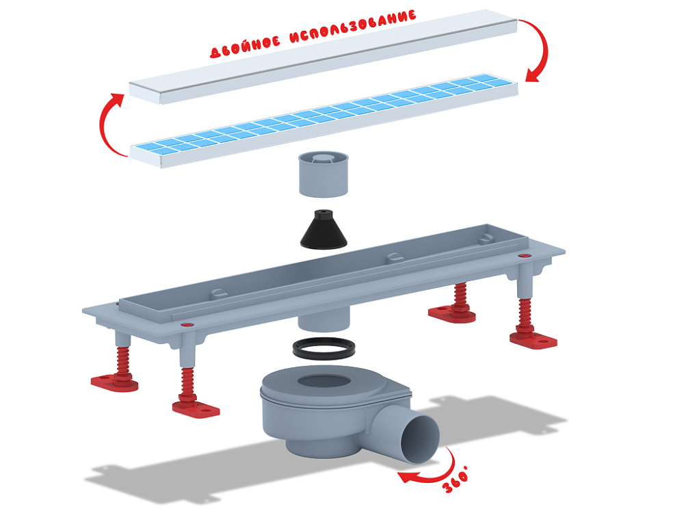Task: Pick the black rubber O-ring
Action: pyautogui.click(x=324, y=348)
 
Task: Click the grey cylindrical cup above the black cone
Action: pyautogui.click(x=324, y=174)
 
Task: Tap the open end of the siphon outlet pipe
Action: pyautogui.click(x=421, y=438)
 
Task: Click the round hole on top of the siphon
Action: pyautogui.click(x=324, y=381)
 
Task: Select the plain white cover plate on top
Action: pyautogui.click(x=323, y=57)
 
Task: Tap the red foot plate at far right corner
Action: pyautogui.click(x=533, y=339)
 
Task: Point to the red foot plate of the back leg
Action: pyautogui.click(x=452, y=313)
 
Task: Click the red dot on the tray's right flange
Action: pyautogui.click(x=523, y=255)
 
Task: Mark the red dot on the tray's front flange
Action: pyautogui.click(x=187, y=325)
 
